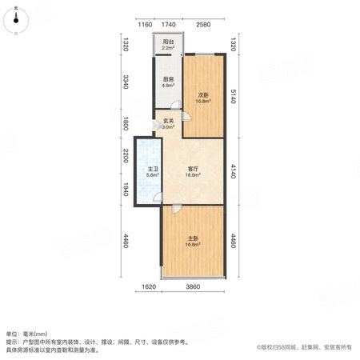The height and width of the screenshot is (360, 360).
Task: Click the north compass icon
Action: pyautogui.click(x=16, y=20)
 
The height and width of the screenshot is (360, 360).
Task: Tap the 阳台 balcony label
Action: pyautogui.click(x=169, y=42)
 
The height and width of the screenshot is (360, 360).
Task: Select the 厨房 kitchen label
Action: pyautogui.click(x=169, y=79)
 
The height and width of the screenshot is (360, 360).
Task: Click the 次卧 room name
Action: pyautogui.click(x=203, y=95)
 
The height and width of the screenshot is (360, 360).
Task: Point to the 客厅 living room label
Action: pyautogui.click(x=193, y=169)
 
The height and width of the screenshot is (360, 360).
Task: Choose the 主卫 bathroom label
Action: pyautogui.click(x=153, y=169)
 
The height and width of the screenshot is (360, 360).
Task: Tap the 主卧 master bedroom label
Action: pyautogui.click(x=193, y=238)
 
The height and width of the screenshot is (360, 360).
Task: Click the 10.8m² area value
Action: pyautogui.click(x=203, y=102)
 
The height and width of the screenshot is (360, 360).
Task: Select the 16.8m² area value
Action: pyautogui.click(x=193, y=245)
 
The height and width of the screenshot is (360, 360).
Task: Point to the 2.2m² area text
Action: pyautogui.click(x=169, y=48)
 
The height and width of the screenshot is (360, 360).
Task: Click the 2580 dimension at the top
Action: pyautogui.click(x=203, y=25)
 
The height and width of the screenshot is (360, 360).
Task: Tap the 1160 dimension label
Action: pyautogui.click(x=145, y=25)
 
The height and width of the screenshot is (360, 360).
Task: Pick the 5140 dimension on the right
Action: pyautogui.click(x=233, y=96)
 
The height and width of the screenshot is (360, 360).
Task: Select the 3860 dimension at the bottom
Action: pyautogui.click(x=193, y=287)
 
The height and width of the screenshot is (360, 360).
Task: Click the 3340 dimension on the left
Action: pyautogui.click(x=126, y=82)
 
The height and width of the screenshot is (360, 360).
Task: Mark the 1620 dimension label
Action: pyautogui.click(x=149, y=287)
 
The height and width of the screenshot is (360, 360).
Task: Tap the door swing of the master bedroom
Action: pyautogui.click(x=176, y=209)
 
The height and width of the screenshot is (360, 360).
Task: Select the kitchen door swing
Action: pyautogui.click(x=176, y=105)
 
